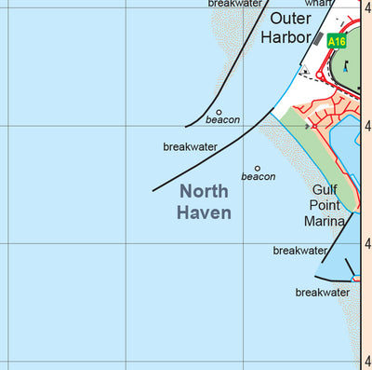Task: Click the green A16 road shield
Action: [x=337, y=41]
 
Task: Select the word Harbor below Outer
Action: [x=286, y=37]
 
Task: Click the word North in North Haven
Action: [x=204, y=191]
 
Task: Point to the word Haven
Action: [x=204, y=212]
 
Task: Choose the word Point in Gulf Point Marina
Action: [x=326, y=205]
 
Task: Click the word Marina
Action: [x=325, y=222]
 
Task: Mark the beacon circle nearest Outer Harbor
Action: [x=219, y=112]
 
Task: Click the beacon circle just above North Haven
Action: [x=258, y=169]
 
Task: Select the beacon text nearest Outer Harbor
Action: [x=223, y=120]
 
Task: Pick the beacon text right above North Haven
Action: [x=259, y=177]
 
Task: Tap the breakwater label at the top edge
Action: [x=235, y=4]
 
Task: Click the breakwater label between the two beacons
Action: [x=190, y=147]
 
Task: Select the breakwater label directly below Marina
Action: [x=300, y=251]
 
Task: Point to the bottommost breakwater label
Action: [x=323, y=293]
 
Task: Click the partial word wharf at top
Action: [x=317, y=3]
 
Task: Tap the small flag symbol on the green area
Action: [x=345, y=65]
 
